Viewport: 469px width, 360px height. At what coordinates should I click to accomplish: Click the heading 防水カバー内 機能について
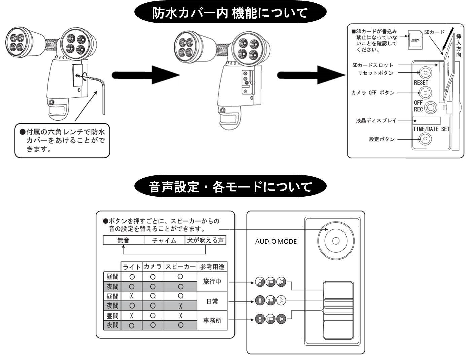[230, 13]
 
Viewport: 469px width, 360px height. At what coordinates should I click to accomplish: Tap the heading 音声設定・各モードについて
[230, 186]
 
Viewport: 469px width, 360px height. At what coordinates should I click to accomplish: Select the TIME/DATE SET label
[431, 129]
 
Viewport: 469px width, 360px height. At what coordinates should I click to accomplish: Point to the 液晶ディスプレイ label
[376, 120]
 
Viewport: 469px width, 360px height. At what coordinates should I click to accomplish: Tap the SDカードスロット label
[372, 65]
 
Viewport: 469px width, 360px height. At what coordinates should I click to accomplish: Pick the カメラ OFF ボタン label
[373, 92]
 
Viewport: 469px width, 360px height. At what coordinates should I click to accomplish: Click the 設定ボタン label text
[382, 139]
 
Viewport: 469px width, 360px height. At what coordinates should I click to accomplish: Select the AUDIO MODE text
[276, 241]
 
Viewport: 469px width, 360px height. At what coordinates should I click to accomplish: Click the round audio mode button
[335, 241]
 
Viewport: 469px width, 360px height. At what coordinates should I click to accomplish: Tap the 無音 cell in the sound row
[123, 240]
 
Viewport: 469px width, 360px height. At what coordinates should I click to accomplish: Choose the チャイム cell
[164, 240]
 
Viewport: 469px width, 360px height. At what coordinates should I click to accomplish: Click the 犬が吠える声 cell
[205, 240]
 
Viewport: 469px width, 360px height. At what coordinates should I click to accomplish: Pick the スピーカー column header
[180, 267]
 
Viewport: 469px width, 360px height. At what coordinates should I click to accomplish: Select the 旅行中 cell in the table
[212, 282]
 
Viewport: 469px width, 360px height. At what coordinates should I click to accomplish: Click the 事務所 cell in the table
[212, 320]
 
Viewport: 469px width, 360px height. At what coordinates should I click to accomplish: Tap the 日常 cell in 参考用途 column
[212, 301]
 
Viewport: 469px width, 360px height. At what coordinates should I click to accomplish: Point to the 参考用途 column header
[212, 267]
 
